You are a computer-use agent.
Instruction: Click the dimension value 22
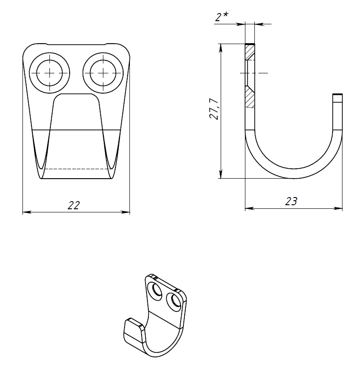tap(74, 205)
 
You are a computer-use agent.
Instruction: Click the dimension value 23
tap(291, 201)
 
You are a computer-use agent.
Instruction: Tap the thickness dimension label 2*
tap(221, 18)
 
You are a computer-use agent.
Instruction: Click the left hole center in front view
tap(49, 73)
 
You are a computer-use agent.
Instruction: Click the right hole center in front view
tap(103, 73)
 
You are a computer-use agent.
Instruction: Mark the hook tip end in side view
tap(338, 95)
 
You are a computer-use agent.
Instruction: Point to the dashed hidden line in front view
tap(76, 169)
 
